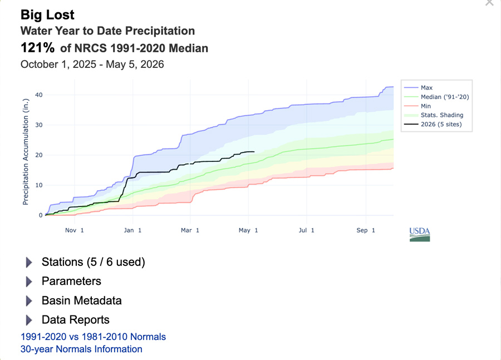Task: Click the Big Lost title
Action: [47, 14]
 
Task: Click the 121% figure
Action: [37, 48]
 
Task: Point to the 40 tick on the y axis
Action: [38, 95]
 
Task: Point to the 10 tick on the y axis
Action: [38, 185]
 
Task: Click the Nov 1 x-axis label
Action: [75, 230]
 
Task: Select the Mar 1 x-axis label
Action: [190, 230]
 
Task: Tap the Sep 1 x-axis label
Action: [366, 230]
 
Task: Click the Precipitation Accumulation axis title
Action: [26, 152]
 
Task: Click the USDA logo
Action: [420, 234]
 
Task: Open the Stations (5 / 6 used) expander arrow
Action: [29, 262]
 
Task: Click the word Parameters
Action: [71, 281]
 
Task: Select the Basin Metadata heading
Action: [81, 300]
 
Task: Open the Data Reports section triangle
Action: [29, 320]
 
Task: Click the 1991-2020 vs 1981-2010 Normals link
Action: [94, 337]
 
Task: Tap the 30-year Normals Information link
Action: [81, 349]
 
